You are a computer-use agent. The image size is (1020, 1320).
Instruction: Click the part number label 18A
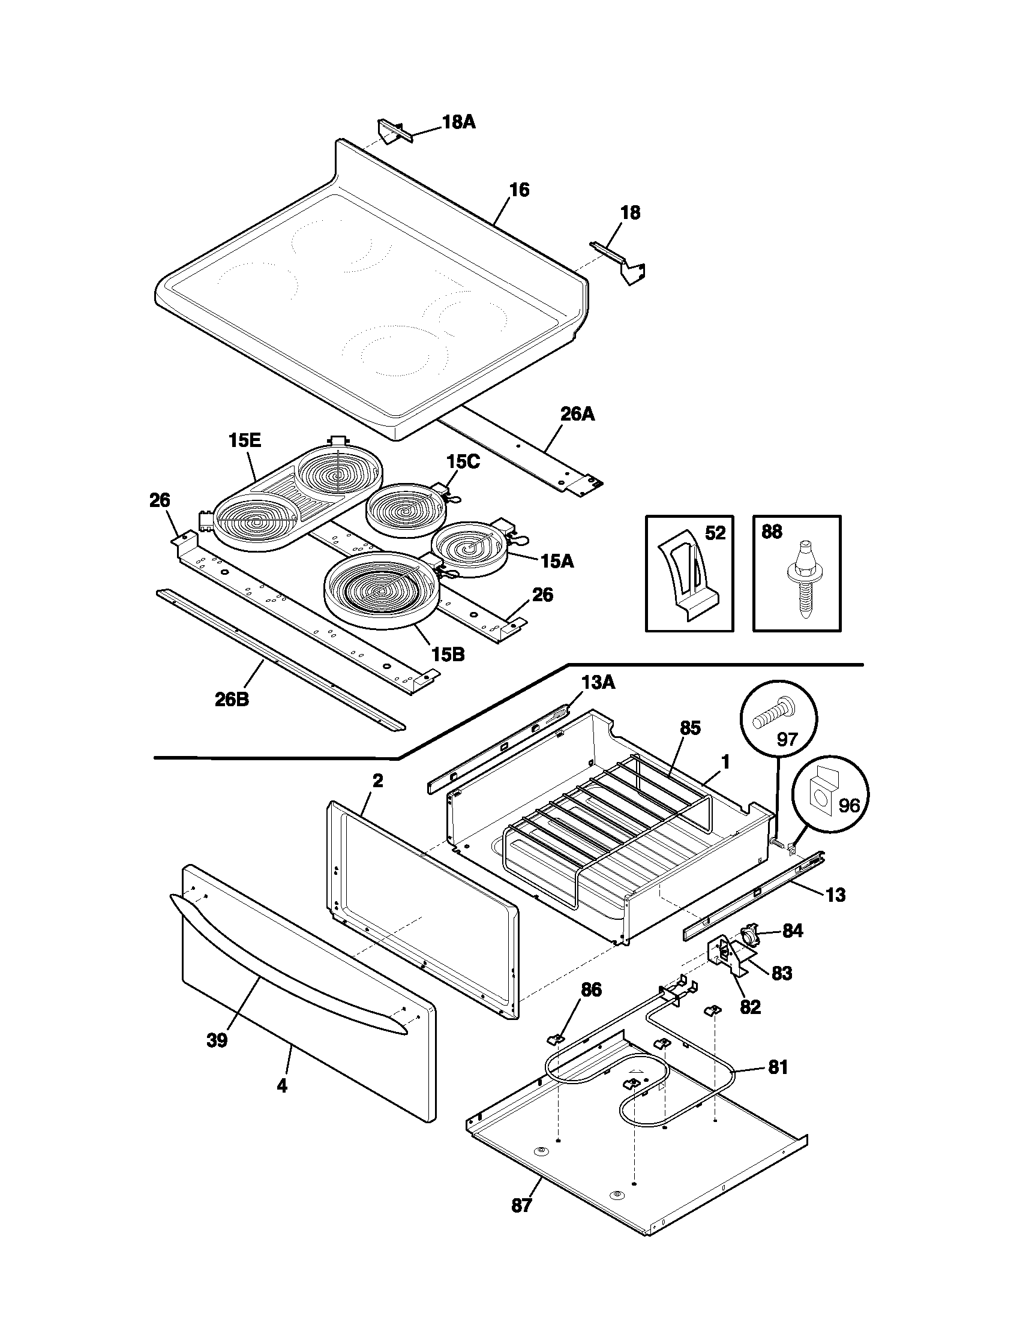coord(458,122)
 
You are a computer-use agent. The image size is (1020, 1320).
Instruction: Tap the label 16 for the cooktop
coord(519,190)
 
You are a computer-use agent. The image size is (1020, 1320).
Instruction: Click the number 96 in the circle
coord(848,806)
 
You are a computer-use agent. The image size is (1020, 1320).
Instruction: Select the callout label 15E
coord(244,440)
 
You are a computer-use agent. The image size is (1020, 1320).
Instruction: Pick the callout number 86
coord(591,990)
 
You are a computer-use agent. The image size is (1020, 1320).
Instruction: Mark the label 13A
coord(598,682)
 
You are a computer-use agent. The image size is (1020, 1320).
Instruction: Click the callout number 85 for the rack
coord(689,728)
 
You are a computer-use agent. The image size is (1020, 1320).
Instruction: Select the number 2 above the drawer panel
coord(377,780)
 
